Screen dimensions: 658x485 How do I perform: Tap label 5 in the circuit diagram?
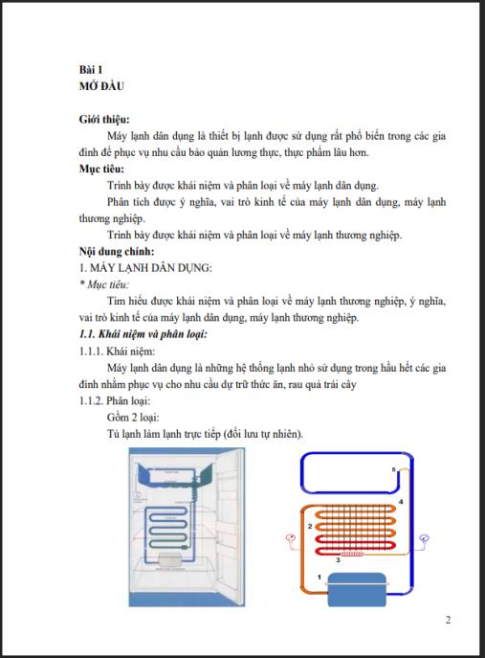[392, 468]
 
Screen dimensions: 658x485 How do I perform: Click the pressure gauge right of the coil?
[423, 540]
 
